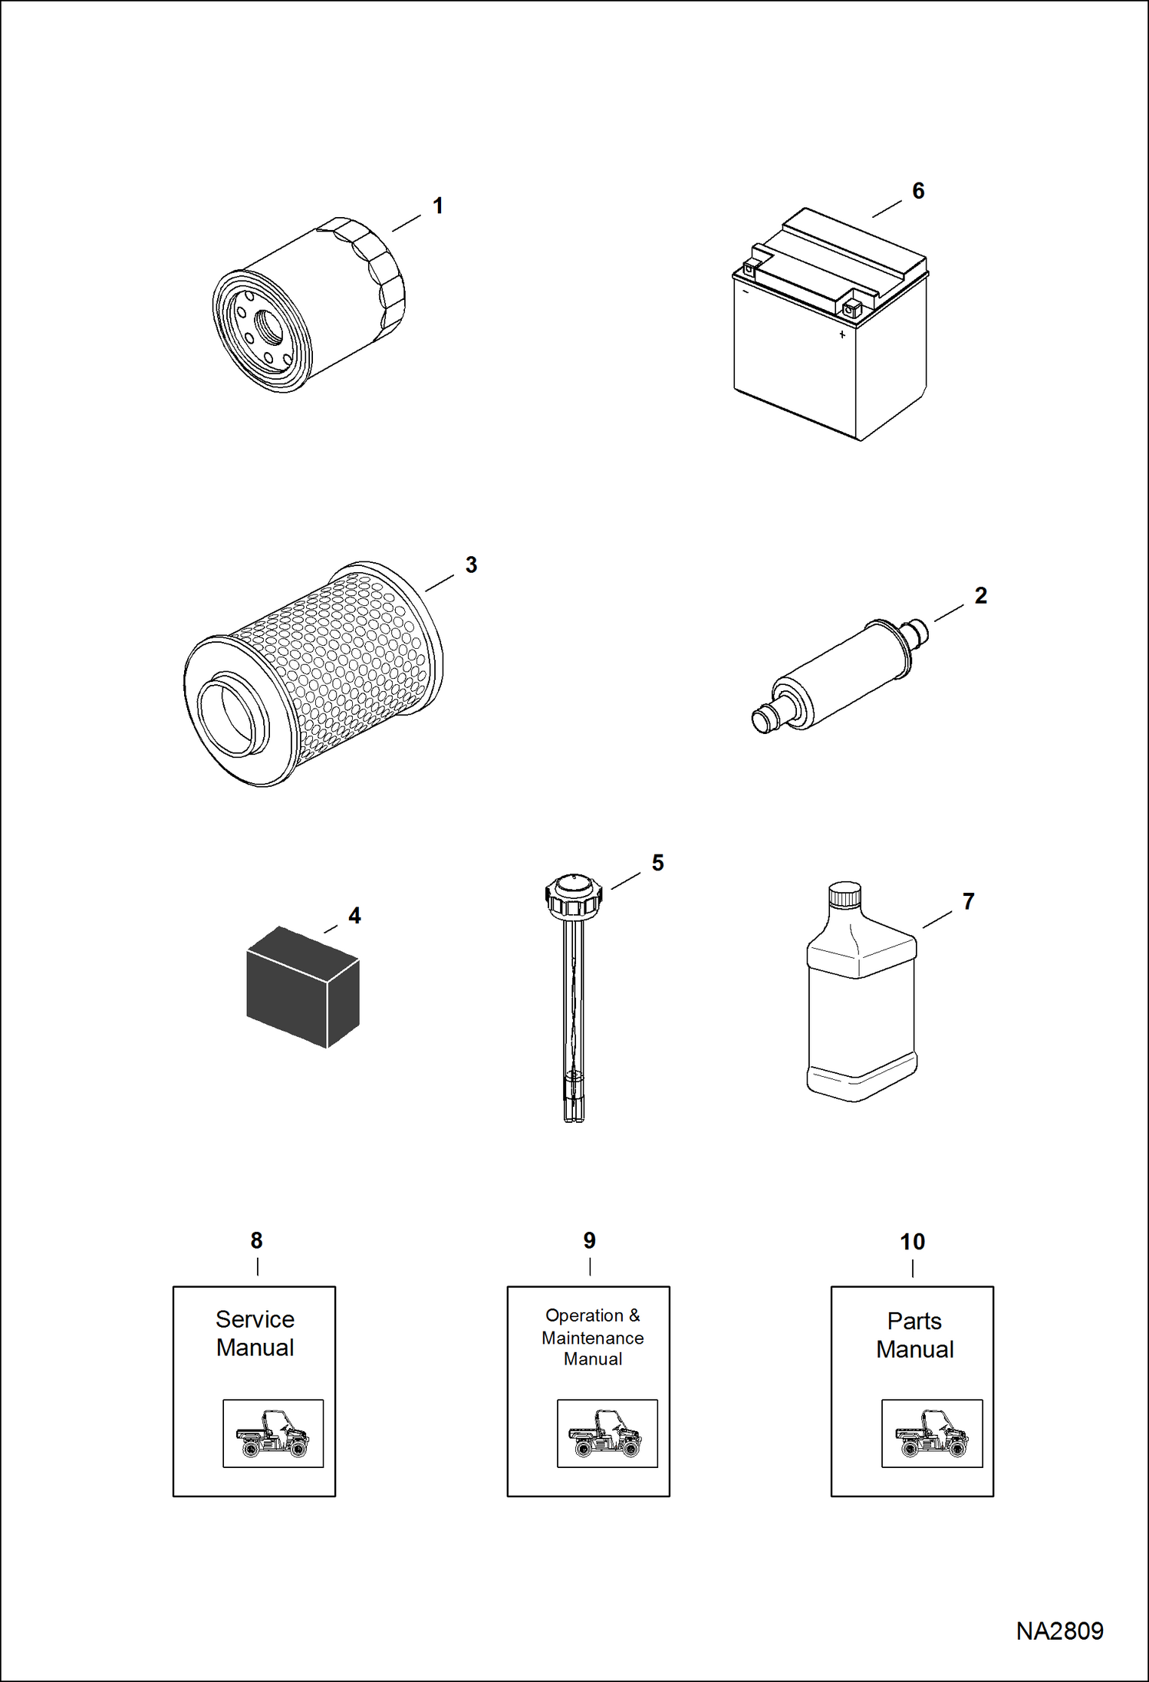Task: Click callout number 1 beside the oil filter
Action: click(438, 206)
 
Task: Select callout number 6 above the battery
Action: click(918, 191)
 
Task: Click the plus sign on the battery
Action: click(842, 334)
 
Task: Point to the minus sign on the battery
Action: click(745, 291)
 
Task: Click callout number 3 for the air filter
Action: click(471, 565)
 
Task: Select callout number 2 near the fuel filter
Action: click(980, 595)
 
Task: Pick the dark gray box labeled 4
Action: click(302, 988)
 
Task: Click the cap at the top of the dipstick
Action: click(573, 894)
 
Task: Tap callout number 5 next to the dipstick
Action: click(657, 863)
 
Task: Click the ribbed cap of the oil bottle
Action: click(844, 894)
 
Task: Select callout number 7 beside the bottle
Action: click(968, 901)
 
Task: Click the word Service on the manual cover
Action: click(255, 1319)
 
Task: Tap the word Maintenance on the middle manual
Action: click(592, 1338)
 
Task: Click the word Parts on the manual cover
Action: click(914, 1321)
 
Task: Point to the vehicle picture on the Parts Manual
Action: click(931, 1433)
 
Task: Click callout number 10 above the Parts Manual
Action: click(912, 1242)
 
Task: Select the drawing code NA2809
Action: click(1059, 1631)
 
